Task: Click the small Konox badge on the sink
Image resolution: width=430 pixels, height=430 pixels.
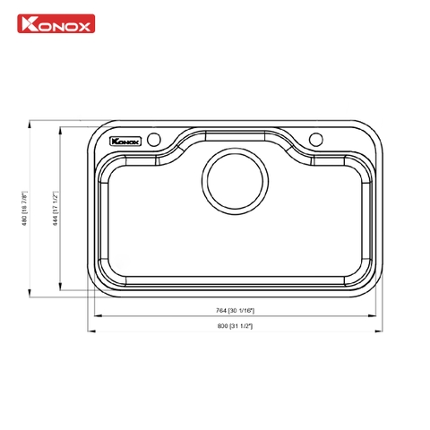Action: click(123, 140)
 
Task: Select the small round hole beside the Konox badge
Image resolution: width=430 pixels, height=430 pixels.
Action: click(153, 139)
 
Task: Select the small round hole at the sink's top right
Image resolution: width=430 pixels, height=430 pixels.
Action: click(315, 139)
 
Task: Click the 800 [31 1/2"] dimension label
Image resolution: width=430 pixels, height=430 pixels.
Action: click(235, 325)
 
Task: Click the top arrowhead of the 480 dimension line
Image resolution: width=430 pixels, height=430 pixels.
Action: click(31, 124)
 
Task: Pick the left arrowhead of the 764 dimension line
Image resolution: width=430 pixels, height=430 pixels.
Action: click(97, 314)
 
